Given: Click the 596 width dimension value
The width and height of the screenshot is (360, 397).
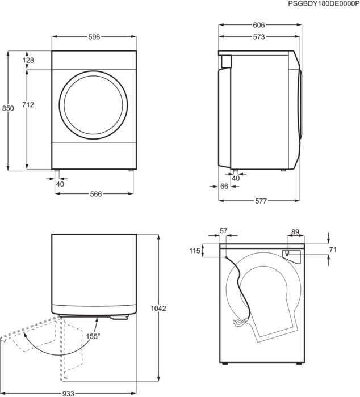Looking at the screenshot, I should point(94,37).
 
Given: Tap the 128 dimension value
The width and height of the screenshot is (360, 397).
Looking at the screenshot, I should point(28,60).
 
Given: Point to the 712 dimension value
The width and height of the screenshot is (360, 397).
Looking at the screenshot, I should point(28,104).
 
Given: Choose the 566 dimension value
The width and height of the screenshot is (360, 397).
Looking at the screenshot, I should point(95,194).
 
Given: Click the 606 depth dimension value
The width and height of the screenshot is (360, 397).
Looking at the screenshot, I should point(259,26).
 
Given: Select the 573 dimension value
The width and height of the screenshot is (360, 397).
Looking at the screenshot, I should point(259,37).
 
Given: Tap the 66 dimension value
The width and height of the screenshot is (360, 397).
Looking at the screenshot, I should point(224,187).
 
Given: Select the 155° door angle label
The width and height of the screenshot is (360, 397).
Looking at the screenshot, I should point(93,336).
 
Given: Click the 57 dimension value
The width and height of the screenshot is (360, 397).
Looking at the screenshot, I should point(223,231).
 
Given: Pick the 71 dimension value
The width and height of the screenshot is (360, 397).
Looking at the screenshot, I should point(333,249).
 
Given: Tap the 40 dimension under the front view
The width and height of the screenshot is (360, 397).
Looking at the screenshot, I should point(60,184).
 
